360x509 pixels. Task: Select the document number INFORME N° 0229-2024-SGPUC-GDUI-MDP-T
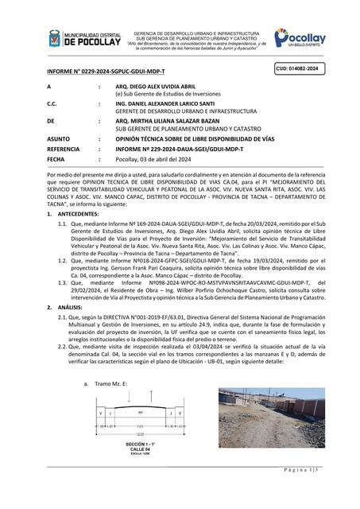97,72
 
